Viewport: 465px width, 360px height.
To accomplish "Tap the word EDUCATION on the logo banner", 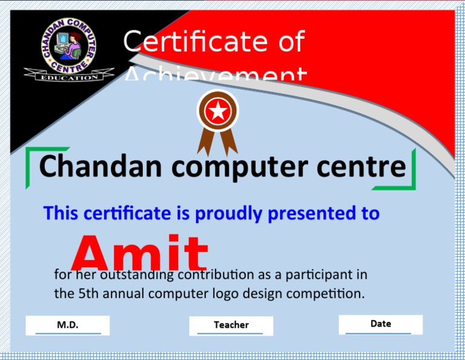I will tap(68, 77).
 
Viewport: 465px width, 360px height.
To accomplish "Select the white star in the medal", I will tap(217, 112).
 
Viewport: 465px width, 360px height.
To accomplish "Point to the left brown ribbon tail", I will tap(205, 141).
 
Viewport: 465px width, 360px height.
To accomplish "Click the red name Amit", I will tap(140, 253).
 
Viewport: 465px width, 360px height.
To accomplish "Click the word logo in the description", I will tap(225, 295).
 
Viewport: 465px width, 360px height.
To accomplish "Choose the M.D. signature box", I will tap(68, 325).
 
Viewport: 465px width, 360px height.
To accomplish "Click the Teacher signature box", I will tap(231, 325).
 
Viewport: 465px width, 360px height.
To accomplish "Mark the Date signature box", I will tap(380, 324).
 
